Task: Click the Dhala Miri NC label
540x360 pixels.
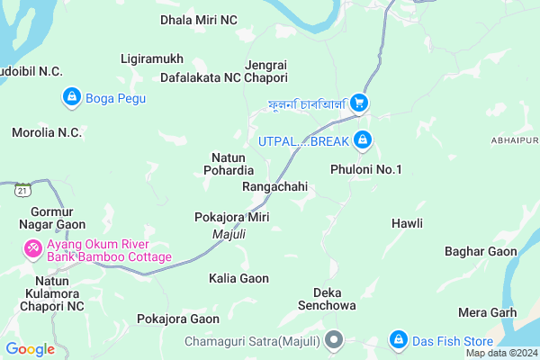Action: pos(199,19)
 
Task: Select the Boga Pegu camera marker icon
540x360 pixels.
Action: pos(70,95)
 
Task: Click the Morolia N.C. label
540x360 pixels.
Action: pos(47,132)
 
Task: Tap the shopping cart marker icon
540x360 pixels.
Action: pos(359,103)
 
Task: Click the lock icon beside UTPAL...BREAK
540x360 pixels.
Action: pos(362,140)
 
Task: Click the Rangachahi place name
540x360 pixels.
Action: pos(275,186)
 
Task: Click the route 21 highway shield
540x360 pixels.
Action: pos(22,190)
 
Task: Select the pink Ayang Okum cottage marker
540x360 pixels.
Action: pos(33,247)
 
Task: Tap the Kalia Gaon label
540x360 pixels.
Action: pos(238,278)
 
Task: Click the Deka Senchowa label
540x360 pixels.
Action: pos(334,299)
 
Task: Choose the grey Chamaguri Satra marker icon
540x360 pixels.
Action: pos(334,341)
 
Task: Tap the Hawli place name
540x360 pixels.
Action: pos(407,222)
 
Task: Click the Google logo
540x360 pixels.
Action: pos(30,349)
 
